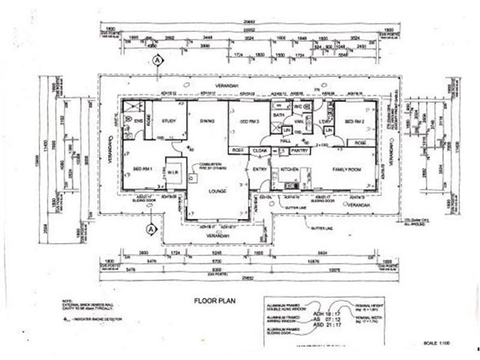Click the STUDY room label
pyautogui.click(x=169, y=122)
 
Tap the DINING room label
pyautogui.click(x=207, y=122)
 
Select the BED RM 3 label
pyautogui.click(x=248, y=122)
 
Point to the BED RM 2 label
pyautogui.click(x=356, y=122)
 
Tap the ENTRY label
pyautogui.click(x=260, y=169)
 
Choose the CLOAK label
pyautogui.click(x=260, y=150)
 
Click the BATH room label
pyautogui.click(x=279, y=114)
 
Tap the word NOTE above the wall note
pyautogui.click(x=67, y=301)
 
